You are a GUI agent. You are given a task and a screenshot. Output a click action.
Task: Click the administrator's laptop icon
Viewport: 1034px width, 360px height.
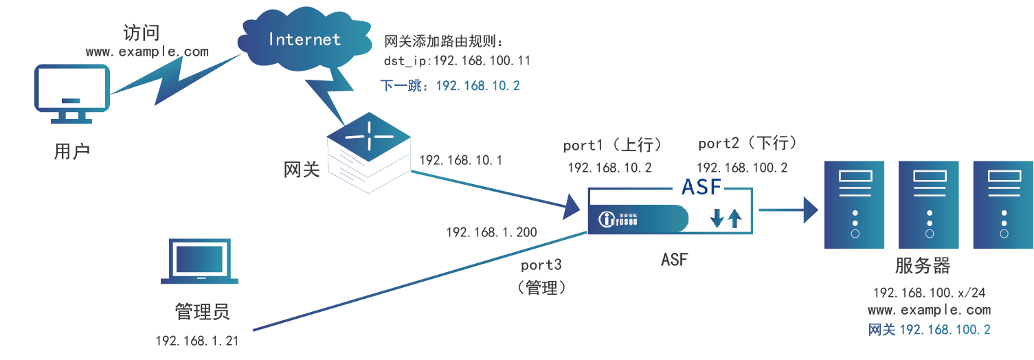[199, 262]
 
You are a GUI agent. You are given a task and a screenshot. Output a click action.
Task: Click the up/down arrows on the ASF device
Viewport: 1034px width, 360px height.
[726, 218]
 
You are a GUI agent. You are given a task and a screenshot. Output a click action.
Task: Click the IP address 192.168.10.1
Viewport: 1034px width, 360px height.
[461, 161]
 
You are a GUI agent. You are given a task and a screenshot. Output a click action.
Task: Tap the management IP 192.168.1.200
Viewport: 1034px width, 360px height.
[491, 232]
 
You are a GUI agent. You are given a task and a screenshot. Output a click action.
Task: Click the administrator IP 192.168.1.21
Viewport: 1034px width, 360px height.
[196, 340]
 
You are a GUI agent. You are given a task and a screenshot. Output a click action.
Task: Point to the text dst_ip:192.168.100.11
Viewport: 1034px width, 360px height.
[457, 61]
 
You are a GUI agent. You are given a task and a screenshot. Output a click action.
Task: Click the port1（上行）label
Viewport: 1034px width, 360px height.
[612, 145]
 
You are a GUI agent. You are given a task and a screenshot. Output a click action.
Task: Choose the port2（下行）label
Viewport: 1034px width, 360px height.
[747, 144]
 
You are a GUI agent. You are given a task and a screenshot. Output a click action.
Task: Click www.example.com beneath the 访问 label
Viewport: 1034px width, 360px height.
[147, 52]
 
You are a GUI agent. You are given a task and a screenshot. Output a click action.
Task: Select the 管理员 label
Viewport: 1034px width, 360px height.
[202, 312]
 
